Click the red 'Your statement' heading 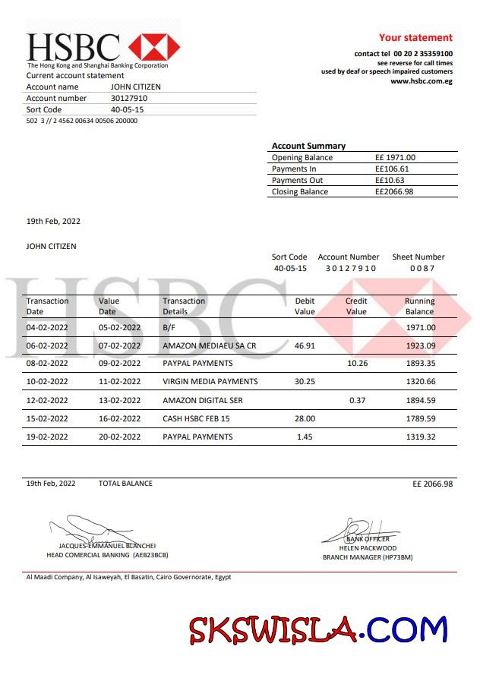[415, 37]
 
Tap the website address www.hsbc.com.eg [421, 81]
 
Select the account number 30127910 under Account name [129, 98]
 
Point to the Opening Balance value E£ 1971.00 [395, 157]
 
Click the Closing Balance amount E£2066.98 [394, 191]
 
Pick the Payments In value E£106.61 [392, 169]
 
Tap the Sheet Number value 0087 [422, 268]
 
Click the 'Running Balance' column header [419, 306]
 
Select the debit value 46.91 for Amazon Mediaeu [305, 345]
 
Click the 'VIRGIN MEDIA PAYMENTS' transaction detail [210, 381]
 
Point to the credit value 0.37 [356, 400]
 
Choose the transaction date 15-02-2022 [47, 418]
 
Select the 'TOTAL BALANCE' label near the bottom [125, 483]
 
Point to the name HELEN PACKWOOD [368, 547]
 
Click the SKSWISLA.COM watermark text [318, 629]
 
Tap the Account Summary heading [308, 146]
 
